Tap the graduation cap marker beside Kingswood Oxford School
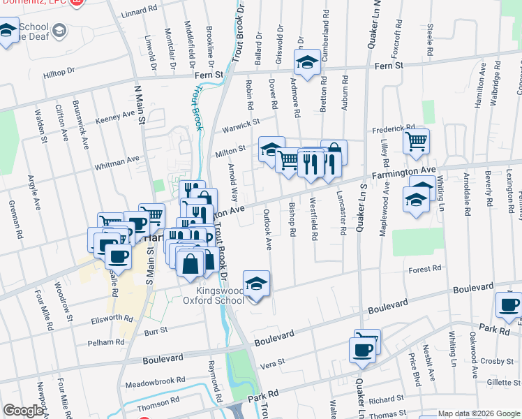pos(256,284)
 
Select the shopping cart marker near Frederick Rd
pos(417,142)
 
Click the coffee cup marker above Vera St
pos(363,350)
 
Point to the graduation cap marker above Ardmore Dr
pos(306,63)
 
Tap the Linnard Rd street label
pos(139,12)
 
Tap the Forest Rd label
pos(426,269)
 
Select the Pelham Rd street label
pos(105,342)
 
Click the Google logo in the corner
pos(23,411)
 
